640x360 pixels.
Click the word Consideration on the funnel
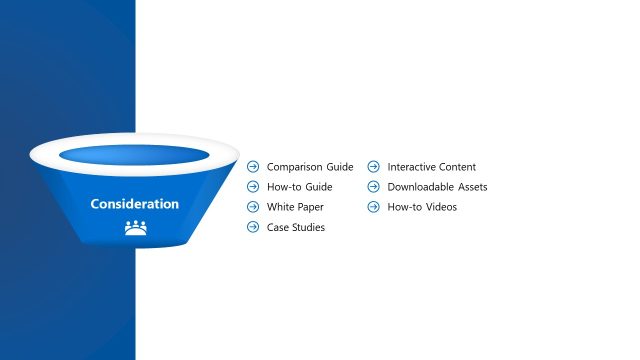point(134,204)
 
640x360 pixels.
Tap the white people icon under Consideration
point(135,228)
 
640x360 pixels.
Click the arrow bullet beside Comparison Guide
point(253,167)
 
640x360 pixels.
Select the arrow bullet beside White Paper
point(253,207)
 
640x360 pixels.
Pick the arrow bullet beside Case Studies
point(253,228)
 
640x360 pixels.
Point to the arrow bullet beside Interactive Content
point(373,167)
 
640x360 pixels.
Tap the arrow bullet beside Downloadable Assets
point(373,187)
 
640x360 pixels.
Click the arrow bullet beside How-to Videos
point(373,207)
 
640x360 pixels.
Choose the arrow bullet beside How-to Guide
point(253,187)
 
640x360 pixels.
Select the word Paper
point(308,207)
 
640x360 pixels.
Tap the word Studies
point(308,228)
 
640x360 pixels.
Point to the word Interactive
point(413,167)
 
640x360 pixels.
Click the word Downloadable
point(421,187)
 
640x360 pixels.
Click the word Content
point(459,167)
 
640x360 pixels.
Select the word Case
point(277,228)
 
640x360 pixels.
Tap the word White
point(280,207)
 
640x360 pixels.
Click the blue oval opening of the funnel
point(134,155)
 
